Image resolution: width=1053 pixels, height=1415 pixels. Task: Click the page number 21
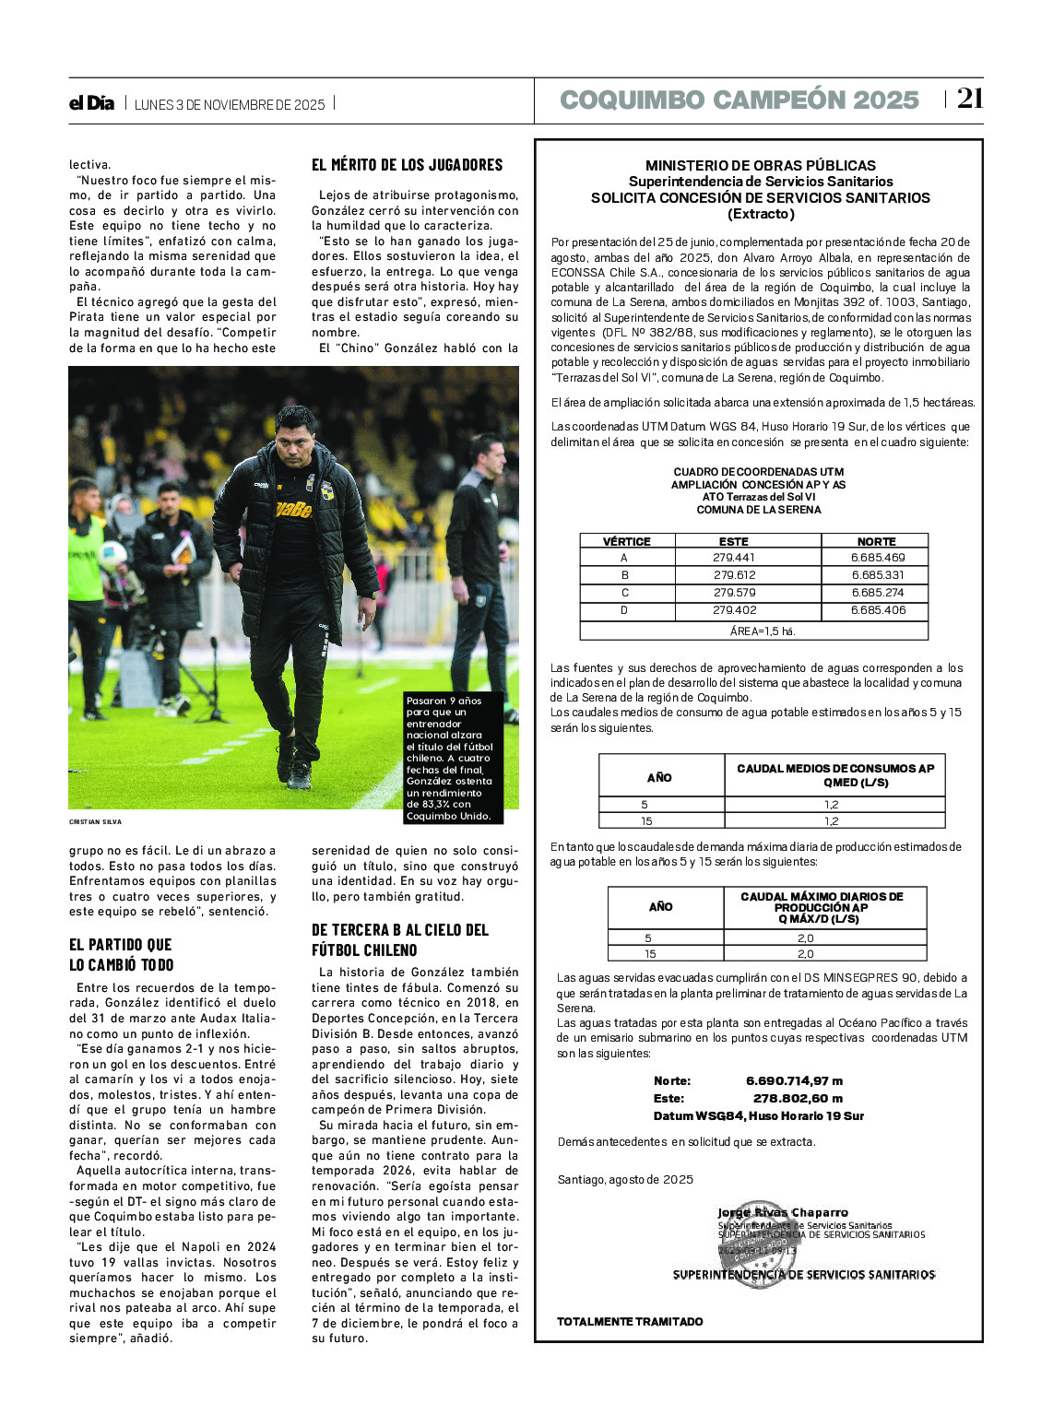[969, 99]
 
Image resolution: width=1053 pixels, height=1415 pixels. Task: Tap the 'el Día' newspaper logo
[91, 103]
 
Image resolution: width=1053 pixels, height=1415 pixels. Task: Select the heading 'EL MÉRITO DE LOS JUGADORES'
[407, 165]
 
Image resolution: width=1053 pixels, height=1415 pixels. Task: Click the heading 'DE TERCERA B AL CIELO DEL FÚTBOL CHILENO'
[400, 939]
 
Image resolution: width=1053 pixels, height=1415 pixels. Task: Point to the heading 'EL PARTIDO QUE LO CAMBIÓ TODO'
[121, 954]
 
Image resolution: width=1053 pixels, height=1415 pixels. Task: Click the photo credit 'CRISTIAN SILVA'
[95, 821]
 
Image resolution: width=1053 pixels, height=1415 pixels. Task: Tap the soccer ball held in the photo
[112, 555]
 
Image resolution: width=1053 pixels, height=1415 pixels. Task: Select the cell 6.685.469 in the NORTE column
[877, 558]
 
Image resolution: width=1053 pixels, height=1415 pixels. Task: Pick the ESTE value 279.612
[734, 575]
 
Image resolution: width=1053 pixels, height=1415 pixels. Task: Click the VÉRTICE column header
[626, 542]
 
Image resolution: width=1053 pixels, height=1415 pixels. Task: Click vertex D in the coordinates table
[624, 610]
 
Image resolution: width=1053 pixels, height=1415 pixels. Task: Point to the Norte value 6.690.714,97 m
[794, 1080]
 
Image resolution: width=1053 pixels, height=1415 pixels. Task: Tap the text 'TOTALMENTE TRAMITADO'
[630, 1321]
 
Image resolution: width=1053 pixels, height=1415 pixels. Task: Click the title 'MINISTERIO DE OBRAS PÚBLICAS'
[761, 166]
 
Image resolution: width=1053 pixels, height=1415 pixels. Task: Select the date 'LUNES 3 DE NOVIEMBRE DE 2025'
[230, 104]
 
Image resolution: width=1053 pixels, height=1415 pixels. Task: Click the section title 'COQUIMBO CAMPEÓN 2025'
[739, 100]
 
